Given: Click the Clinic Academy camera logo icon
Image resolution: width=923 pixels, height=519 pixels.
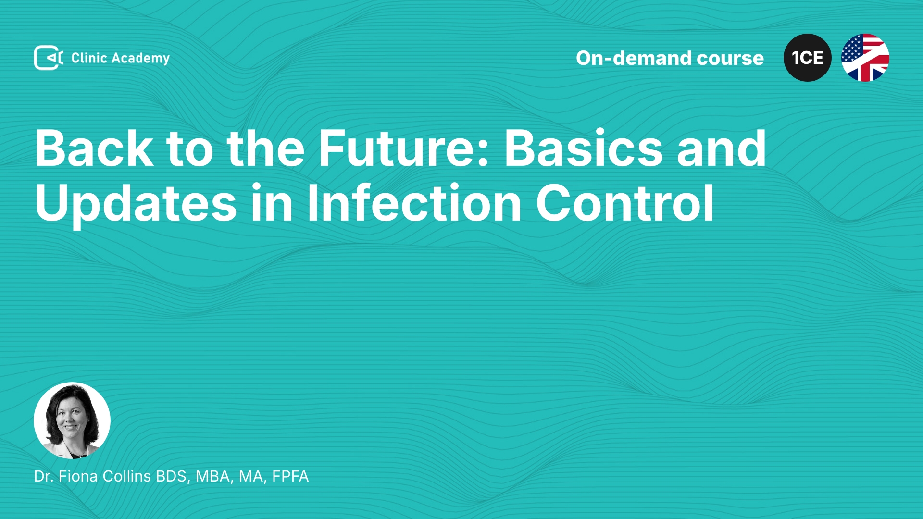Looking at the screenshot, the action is point(49,58).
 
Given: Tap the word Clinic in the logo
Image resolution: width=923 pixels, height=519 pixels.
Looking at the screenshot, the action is point(89,58).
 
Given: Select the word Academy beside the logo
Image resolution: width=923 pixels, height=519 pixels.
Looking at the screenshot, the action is point(140,59).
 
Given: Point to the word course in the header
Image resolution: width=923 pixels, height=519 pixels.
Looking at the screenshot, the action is point(730,59).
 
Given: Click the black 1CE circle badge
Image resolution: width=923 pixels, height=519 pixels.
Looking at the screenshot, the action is point(808,58).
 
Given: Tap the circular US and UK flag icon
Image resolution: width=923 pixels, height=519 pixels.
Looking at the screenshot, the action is point(865,58).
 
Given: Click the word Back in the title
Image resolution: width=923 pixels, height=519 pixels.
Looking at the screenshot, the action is point(94,148).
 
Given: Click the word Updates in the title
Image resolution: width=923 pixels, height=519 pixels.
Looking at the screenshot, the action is point(136,204).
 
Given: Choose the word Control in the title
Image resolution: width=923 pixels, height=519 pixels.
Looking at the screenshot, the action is point(625,203).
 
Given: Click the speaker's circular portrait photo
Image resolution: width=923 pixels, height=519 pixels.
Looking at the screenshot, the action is point(72,420).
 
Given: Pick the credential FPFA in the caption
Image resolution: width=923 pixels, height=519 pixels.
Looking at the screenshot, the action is point(290,476).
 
